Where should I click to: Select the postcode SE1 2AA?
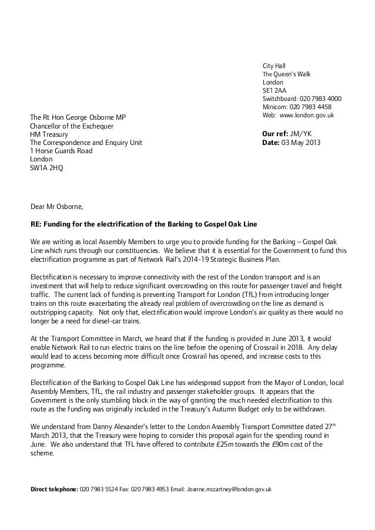pos(274,90)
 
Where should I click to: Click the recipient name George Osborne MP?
pos(97,117)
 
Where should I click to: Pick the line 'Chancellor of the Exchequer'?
pos(72,126)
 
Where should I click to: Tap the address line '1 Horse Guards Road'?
pos(61,150)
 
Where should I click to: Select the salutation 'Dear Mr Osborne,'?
pos(57,207)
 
